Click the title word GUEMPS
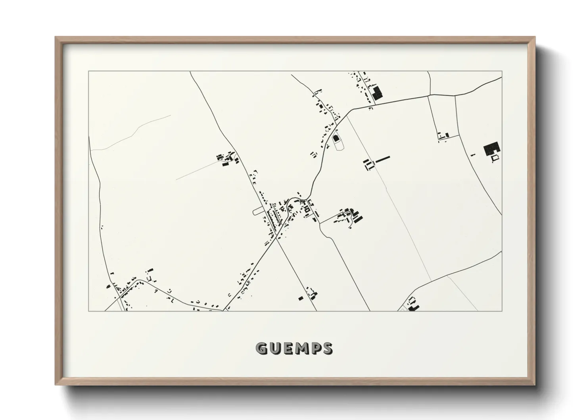click(x=294, y=349)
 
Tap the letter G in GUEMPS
click(x=261, y=349)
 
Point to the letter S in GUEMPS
click(x=327, y=349)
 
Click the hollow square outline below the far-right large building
click(x=495, y=158)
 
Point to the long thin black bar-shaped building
click(x=383, y=159)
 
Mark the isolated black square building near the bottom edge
click(x=300, y=298)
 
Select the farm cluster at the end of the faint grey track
click(x=227, y=160)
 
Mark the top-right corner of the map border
click(x=502, y=71)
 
